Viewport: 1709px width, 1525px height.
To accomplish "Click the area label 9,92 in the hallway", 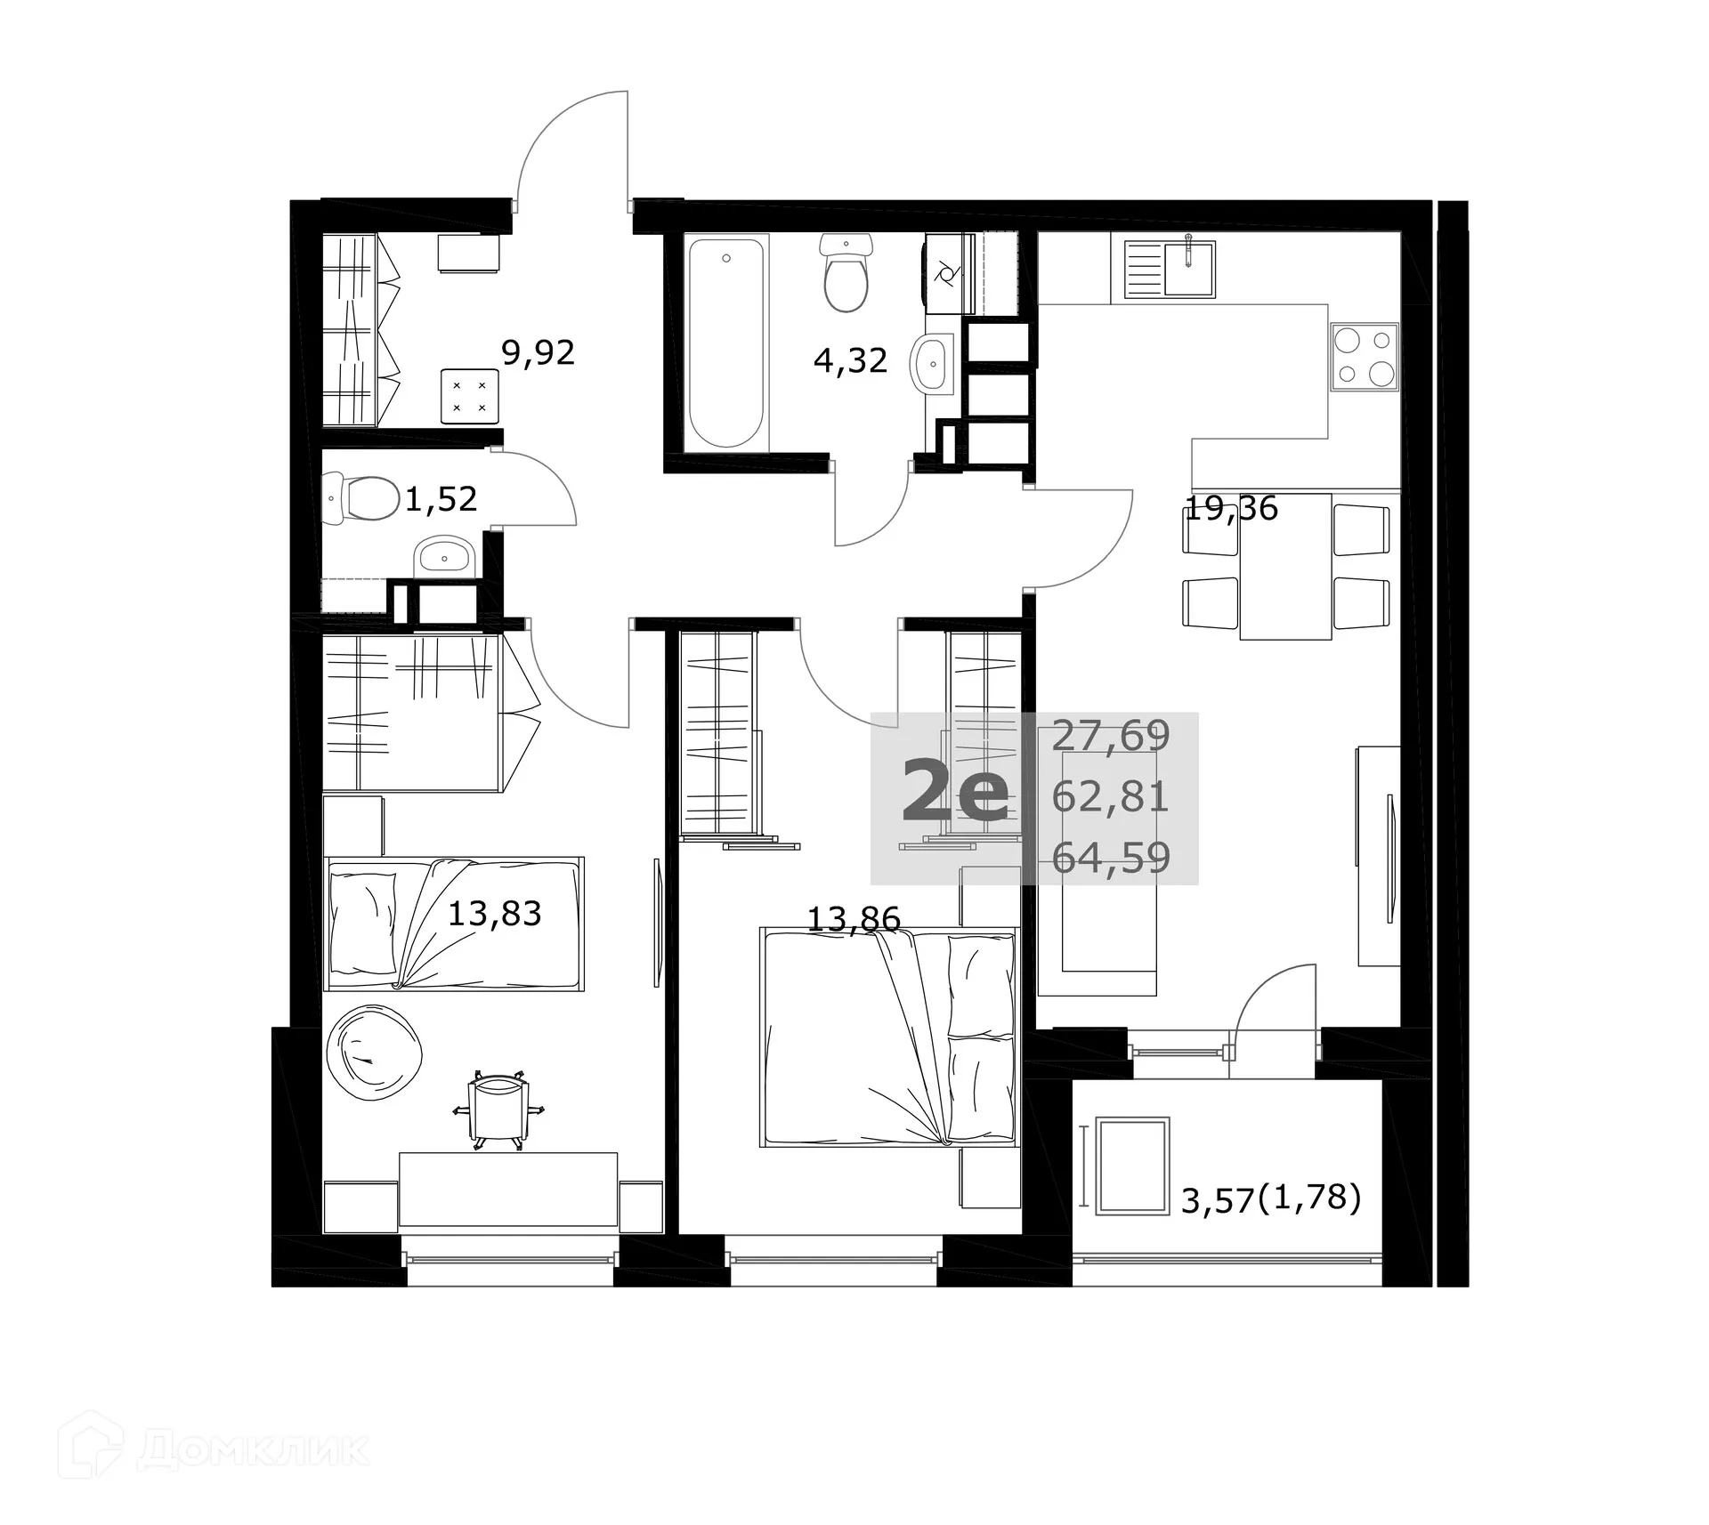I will (x=538, y=353).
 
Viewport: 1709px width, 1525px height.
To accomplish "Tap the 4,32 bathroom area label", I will (x=850, y=360).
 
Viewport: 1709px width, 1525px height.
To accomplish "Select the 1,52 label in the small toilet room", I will (x=441, y=499).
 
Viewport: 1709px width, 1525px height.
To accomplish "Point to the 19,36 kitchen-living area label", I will (x=1231, y=509).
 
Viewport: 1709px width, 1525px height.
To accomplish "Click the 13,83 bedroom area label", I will (x=494, y=913).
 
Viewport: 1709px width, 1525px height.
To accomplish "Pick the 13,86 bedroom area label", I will (x=853, y=918).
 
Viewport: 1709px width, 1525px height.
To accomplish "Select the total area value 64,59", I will (x=1110, y=858).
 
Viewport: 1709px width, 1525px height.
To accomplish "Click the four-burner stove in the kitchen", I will (x=1364, y=357).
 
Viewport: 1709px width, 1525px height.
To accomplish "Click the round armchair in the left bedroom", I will (x=371, y=1053).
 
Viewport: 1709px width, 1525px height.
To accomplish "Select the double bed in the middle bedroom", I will (x=887, y=1037).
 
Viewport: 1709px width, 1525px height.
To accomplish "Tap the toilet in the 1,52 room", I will (x=365, y=498).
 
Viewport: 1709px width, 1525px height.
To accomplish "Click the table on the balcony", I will (x=1132, y=1166).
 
